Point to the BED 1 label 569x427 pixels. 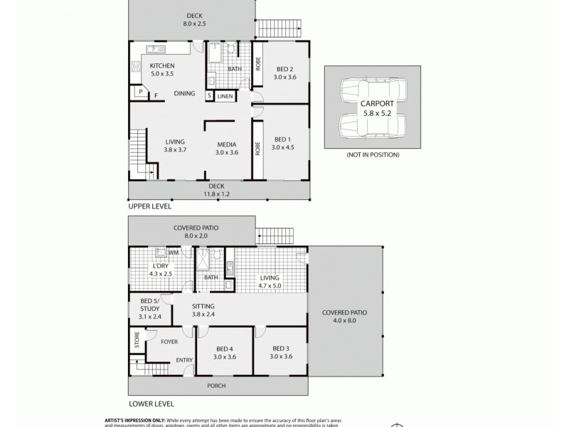282,139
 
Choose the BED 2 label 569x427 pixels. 284,68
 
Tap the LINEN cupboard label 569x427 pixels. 225,96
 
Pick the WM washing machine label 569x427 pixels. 174,253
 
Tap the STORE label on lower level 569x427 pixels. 134,340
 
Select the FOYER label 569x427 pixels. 169,341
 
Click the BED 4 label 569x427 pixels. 225,349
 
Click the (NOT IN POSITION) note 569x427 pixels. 373,154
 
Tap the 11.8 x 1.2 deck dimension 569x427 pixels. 216,194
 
